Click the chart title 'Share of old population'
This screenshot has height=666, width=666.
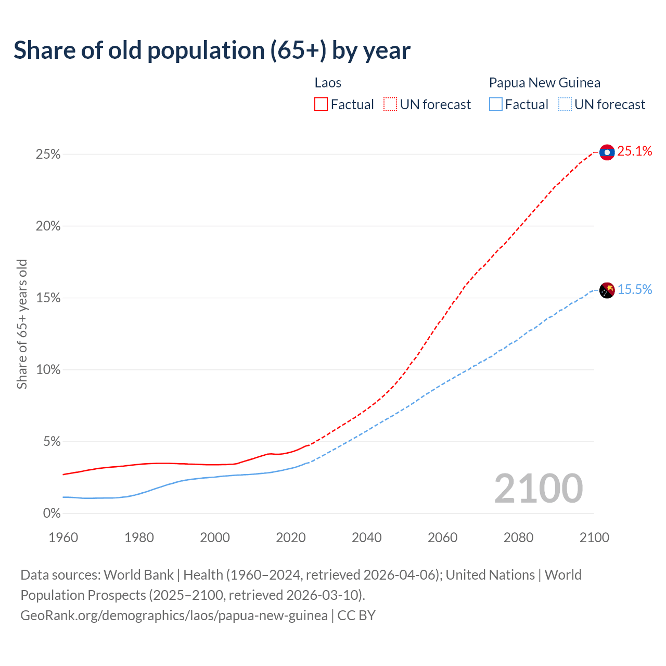[x=212, y=50]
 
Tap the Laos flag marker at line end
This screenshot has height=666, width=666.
[x=607, y=152]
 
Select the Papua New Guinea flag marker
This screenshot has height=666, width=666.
[x=607, y=290]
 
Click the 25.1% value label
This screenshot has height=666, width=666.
[x=635, y=151]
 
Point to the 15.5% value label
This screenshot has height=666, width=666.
[x=635, y=290]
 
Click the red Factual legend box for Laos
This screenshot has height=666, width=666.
[x=321, y=105]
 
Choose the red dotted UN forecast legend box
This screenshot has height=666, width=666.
[x=390, y=105]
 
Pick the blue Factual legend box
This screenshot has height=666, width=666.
[x=496, y=105]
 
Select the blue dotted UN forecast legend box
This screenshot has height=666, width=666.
[x=565, y=105]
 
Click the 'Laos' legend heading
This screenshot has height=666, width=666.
[x=328, y=83]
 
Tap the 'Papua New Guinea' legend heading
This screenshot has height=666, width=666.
[x=544, y=83]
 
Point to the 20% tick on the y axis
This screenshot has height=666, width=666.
[x=48, y=226]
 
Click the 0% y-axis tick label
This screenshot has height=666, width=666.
[x=52, y=514]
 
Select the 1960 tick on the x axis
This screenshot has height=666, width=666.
[x=63, y=537]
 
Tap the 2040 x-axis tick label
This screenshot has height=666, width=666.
[x=367, y=537]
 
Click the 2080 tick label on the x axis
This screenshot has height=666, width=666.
[x=518, y=537]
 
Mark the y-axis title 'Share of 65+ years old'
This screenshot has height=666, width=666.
[x=22, y=324]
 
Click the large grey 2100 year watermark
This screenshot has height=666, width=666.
[x=539, y=489]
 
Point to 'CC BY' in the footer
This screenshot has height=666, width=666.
[x=356, y=616]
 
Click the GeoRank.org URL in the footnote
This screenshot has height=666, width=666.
[x=174, y=616]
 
